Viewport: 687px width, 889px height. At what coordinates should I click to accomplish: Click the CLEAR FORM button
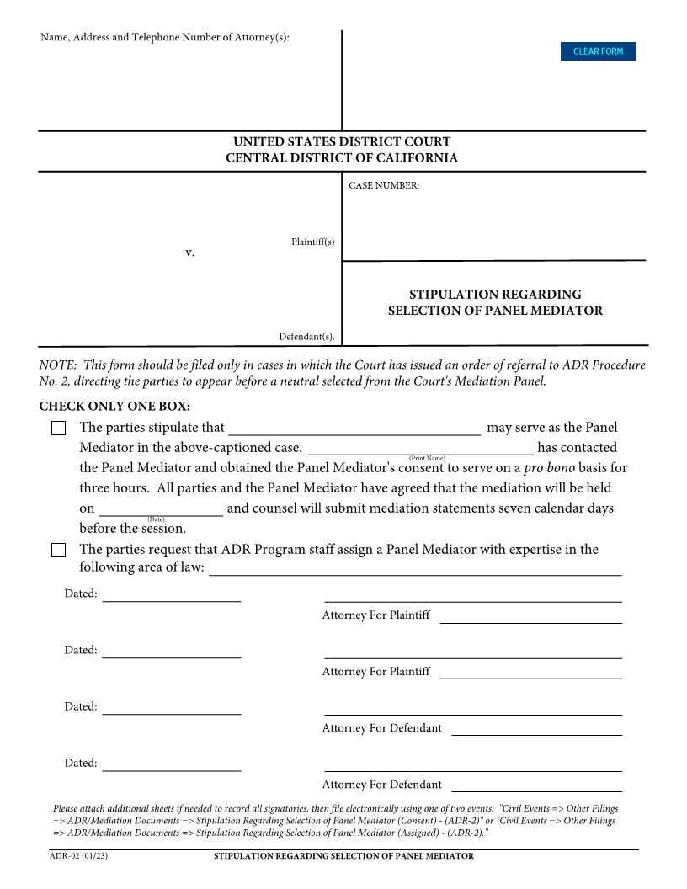[x=598, y=51]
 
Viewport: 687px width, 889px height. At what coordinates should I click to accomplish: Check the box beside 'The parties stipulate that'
[x=58, y=429]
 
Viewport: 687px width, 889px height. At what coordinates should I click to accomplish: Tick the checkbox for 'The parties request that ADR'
[x=58, y=551]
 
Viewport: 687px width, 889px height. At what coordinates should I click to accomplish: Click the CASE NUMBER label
[x=384, y=185]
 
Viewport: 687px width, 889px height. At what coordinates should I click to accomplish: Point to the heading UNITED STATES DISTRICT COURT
[x=342, y=141]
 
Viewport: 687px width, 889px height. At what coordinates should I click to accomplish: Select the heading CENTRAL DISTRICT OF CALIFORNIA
[x=342, y=158]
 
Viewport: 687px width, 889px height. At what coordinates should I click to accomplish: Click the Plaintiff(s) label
[x=312, y=242]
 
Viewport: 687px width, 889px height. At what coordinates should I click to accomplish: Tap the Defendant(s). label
[x=306, y=337]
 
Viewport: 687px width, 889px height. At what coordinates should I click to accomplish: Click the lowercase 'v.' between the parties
[x=190, y=253]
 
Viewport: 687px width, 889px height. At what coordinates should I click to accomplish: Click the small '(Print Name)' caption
[x=427, y=458]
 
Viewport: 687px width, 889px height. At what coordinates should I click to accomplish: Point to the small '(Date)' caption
[x=156, y=519]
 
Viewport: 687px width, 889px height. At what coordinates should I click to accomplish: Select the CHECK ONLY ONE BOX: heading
[x=114, y=407]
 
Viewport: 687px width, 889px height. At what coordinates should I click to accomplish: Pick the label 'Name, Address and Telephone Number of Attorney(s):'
[x=165, y=38]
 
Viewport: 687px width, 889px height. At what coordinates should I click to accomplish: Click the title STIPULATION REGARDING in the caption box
[x=495, y=295]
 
